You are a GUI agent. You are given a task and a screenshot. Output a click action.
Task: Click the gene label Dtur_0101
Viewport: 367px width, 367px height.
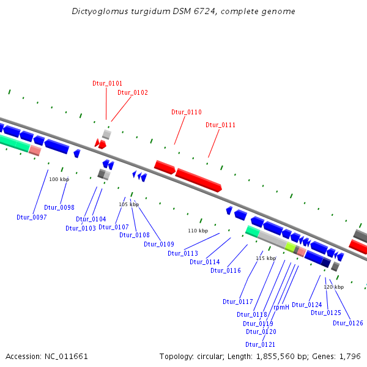[x=107, y=83]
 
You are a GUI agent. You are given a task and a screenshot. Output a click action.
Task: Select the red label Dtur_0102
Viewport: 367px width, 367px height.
[x=133, y=93]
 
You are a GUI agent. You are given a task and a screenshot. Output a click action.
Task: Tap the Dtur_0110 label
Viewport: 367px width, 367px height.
[x=186, y=113]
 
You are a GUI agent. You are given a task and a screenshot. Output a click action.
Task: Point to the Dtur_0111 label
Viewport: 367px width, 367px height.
[x=220, y=125]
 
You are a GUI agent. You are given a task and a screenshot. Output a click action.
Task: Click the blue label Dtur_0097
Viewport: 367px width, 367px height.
[x=32, y=218]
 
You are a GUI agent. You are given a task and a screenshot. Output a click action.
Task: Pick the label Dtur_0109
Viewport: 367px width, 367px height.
[x=159, y=245]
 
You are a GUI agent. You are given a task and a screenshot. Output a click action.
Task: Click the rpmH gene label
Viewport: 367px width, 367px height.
[x=281, y=308]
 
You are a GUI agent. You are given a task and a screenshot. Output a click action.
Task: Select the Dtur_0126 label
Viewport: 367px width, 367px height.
[x=348, y=324]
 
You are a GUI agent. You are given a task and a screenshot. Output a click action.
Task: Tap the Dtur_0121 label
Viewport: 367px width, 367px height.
[x=260, y=345]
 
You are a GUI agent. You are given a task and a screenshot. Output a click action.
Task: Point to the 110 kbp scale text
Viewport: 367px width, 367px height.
[x=198, y=231]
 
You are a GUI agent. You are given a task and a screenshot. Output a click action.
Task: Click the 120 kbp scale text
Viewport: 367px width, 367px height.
[x=333, y=287]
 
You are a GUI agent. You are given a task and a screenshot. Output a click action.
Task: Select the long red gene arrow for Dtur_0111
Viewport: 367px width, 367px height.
[x=198, y=180]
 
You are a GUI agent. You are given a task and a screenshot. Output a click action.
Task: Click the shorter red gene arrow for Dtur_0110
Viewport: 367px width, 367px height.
[x=165, y=166]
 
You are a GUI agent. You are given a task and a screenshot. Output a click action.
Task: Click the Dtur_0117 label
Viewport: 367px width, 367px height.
[x=238, y=302]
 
